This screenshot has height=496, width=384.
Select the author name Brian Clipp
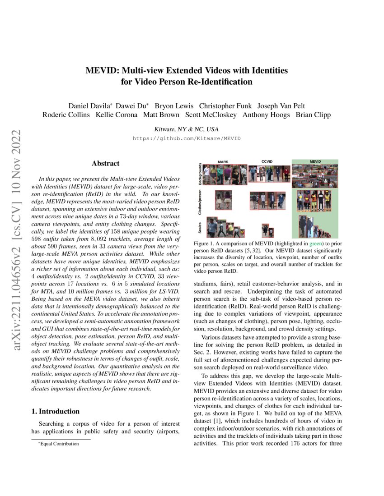point(313,115)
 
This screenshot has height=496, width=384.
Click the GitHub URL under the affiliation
point(187,138)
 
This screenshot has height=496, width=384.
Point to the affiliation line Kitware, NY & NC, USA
point(187,129)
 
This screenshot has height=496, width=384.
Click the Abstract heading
point(105,164)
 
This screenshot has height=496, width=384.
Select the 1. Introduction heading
point(56,411)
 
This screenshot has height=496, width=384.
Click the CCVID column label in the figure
point(267,161)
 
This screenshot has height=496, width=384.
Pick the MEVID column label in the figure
point(315,161)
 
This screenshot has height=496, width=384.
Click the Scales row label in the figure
point(200,226)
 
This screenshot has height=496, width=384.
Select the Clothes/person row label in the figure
point(200,202)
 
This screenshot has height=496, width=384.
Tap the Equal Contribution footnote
point(59,444)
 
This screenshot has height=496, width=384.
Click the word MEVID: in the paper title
point(101,71)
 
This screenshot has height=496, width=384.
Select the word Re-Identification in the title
point(222,82)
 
